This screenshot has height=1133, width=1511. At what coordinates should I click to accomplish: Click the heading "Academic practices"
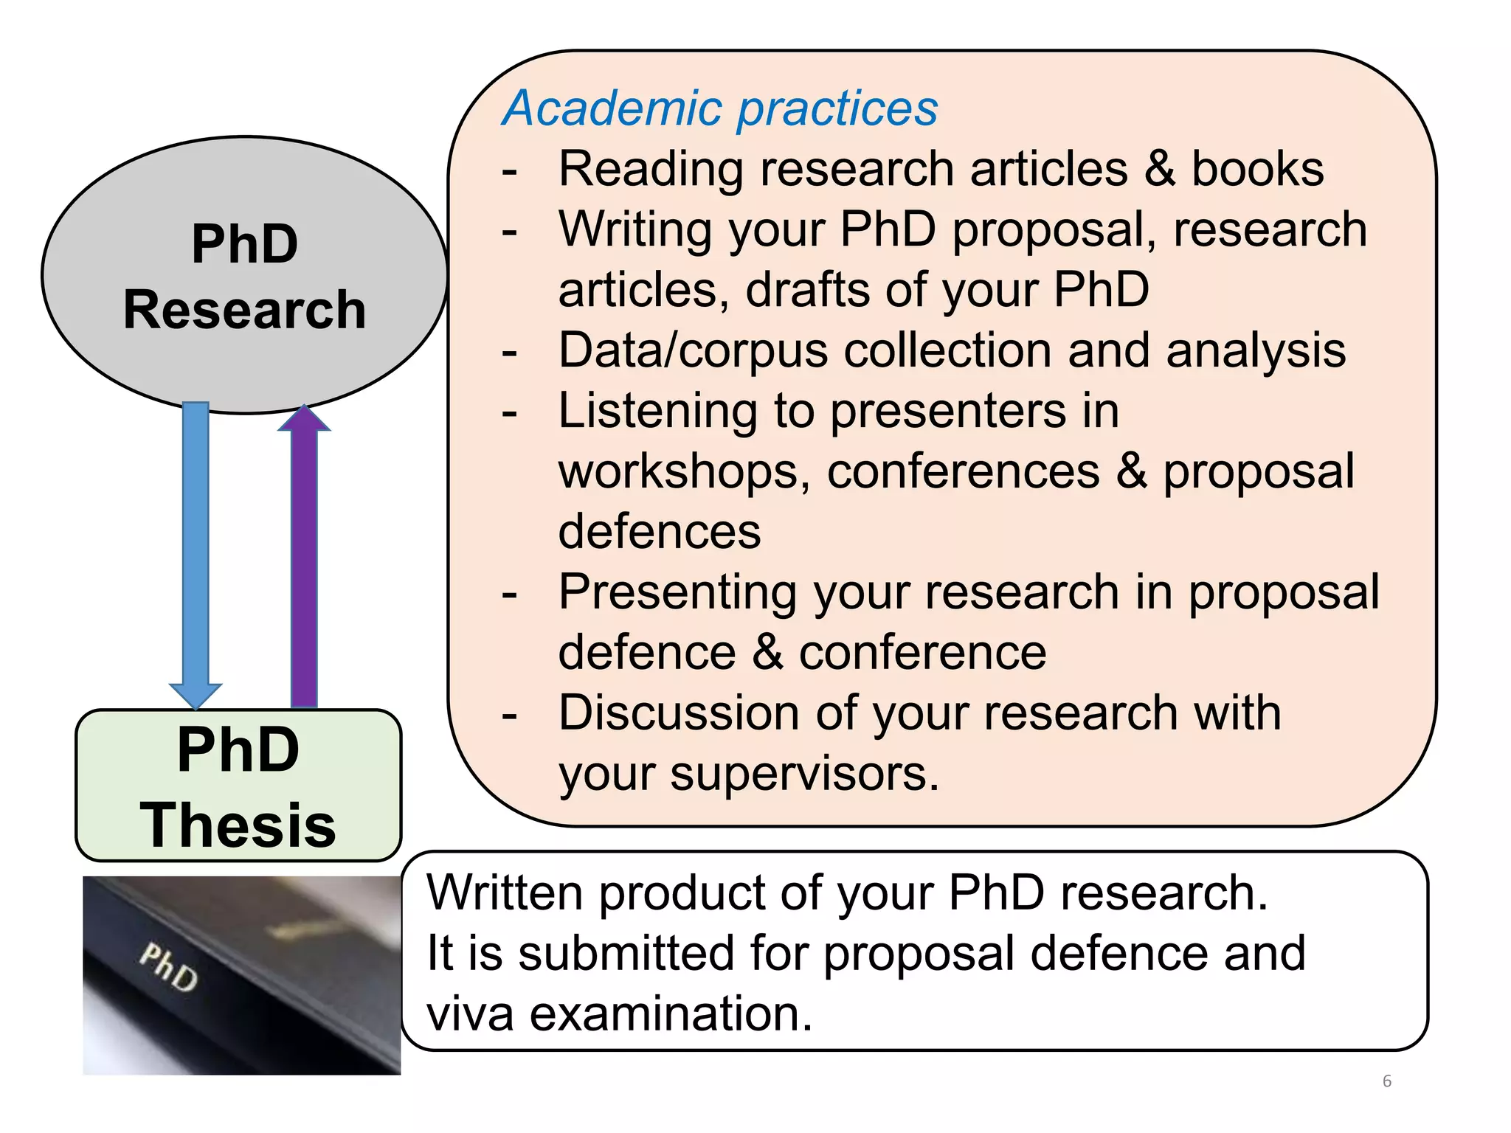pos(719,109)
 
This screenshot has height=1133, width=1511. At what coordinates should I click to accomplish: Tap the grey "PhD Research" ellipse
pos(244,275)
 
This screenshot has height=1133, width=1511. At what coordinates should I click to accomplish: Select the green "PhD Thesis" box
pos(238,786)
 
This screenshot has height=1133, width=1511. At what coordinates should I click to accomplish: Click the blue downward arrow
pos(196,553)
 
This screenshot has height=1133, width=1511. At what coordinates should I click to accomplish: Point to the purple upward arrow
pos(304,553)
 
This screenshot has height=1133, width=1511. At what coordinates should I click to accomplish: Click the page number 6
pos(1386,1081)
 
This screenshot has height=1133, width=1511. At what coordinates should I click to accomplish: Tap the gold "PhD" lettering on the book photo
pos(169,966)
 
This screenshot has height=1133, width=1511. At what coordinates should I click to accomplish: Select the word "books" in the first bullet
pos(1258,170)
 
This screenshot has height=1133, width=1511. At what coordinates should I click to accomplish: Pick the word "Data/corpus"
pos(693,351)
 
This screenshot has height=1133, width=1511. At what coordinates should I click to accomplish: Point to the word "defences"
pos(659,532)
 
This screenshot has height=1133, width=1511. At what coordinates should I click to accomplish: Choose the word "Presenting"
pos(677,592)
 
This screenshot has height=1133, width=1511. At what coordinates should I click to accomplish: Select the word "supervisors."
pos(804,775)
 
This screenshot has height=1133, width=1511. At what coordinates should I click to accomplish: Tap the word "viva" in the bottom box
pos(470,1014)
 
